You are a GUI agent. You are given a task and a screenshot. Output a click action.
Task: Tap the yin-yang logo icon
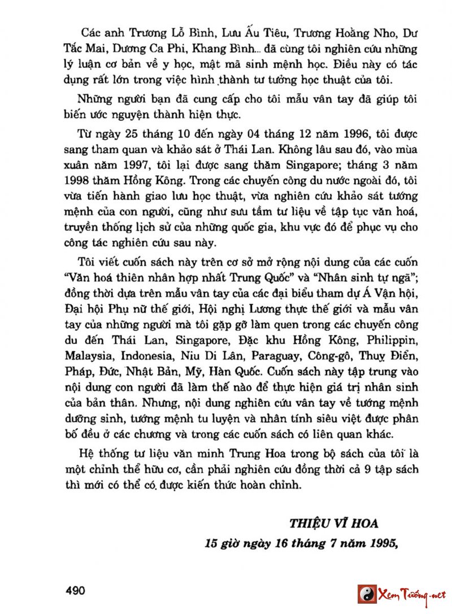(367, 594)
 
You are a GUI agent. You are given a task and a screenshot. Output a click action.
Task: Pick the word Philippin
(392, 341)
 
